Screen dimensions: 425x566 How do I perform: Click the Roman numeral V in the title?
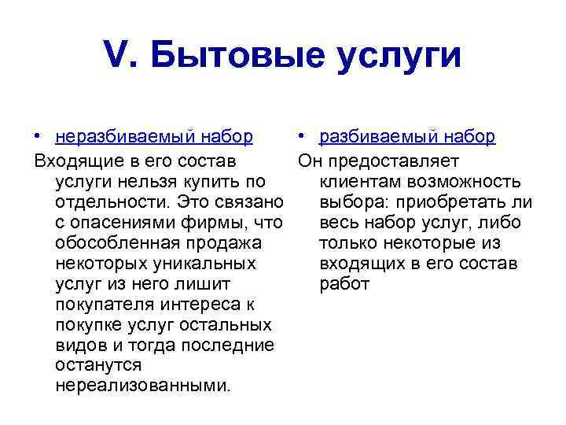coord(114,56)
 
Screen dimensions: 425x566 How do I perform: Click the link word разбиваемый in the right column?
coord(374,136)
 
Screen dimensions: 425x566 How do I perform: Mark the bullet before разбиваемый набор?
coord(303,137)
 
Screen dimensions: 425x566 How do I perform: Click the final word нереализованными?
coord(142,386)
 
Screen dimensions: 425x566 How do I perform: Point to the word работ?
coord(344,284)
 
